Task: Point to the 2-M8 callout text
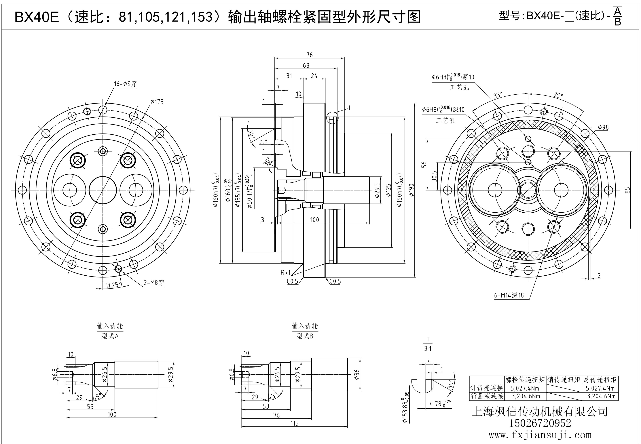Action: click(x=154, y=283)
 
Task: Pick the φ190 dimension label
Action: click(x=412, y=190)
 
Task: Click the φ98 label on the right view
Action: click(x=603, y=127)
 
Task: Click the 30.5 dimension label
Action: click(x=435, y=176)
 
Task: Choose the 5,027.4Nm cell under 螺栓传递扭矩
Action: click(x=525, y=388)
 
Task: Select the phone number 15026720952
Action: click(x=540, y=423)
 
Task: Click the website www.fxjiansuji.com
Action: click(x=540, y=435)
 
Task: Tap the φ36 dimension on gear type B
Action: click(x=357, y=374)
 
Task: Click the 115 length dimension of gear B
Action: click(x=295, y=423)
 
